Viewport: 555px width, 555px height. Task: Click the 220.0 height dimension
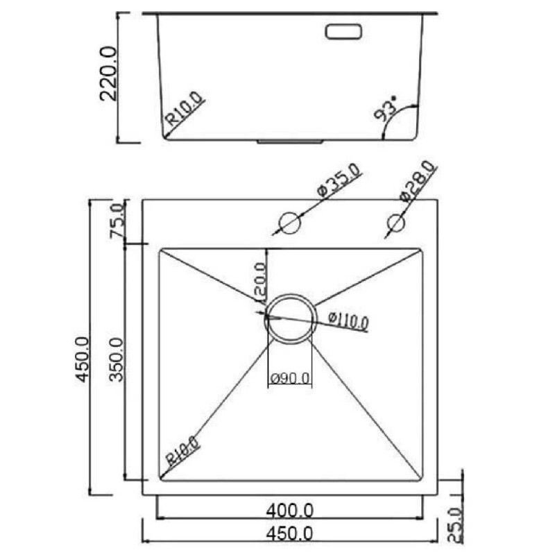pyautogui.click(x=108, y=74)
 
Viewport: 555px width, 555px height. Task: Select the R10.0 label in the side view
pyautogui.click(x=185, y=109)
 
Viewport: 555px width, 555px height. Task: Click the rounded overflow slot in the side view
pyautogui.click(x=343, y=31)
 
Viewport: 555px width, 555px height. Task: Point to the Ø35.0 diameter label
pyautogui.click(x=340, y=180)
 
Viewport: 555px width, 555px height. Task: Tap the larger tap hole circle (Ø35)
pyautogui.click(x=290, y=223)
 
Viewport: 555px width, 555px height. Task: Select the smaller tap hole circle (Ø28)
pyautogui.click(x=395, y=223)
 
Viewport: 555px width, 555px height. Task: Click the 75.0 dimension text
pyautogui.click(x=117, y=221)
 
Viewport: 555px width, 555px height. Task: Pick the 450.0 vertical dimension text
pyautogui.click(x=83, y=359)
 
